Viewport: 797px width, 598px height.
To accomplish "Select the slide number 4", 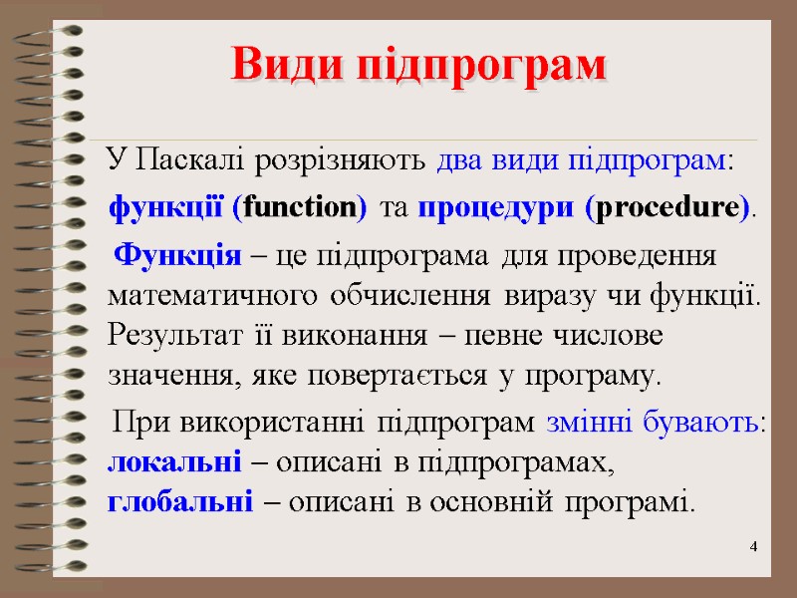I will [x=753, y=547].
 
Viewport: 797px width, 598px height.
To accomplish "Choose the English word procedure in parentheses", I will [x=667, y=208].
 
